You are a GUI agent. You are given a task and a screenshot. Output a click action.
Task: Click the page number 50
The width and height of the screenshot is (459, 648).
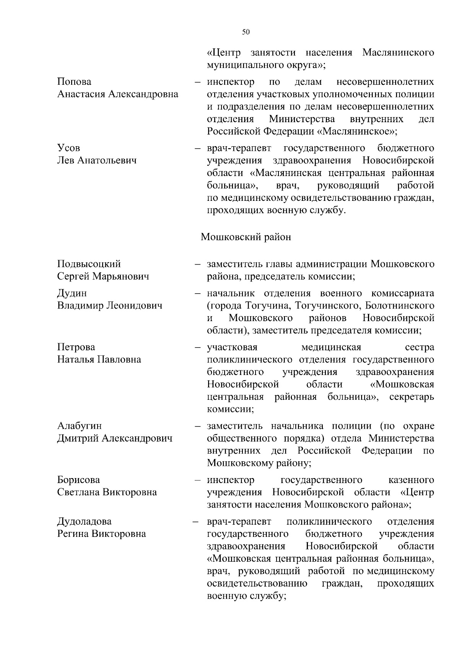tap(246, 32)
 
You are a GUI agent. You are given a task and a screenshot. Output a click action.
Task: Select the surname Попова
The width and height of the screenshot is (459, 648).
tap(74, 82)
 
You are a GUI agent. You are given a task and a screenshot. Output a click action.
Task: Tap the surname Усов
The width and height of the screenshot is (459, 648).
tap(68, 148)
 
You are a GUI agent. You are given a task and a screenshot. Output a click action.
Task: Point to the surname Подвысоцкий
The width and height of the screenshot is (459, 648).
tap(89, 264)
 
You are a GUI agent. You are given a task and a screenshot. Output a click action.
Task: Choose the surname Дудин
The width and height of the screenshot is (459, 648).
tap(72, 293)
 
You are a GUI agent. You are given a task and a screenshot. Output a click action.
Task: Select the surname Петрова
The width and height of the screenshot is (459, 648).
tap(76, 347)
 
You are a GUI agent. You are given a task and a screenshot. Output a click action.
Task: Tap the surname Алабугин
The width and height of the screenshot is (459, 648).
tap(80, 426)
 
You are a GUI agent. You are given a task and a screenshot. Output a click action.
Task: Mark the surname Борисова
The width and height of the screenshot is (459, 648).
tap(78, 480)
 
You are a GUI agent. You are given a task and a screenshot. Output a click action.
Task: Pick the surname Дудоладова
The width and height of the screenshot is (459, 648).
tap(84, 521)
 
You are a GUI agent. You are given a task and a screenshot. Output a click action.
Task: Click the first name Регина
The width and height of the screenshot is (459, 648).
tap(73, 533)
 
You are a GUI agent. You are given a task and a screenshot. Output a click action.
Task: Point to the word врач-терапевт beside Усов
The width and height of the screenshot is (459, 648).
tap(239, 148)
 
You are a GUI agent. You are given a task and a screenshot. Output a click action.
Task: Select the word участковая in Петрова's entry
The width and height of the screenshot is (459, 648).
tap(232, 347)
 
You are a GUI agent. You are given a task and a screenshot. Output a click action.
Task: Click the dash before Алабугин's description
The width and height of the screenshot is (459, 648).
tap(198, 426)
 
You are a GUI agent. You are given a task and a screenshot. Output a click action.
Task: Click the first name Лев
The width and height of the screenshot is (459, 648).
tap(66, 160)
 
